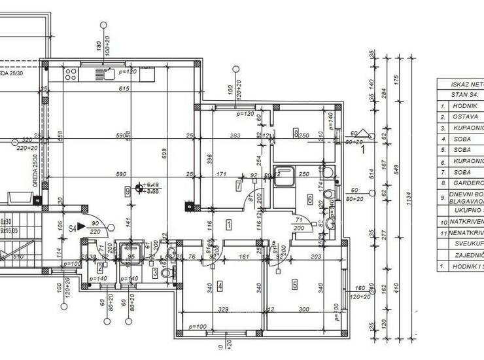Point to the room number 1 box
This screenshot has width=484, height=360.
click(x=229, y=225)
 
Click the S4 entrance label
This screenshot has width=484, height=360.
click(x=74, y=229)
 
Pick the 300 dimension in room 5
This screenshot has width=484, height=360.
click(x=303, y=309)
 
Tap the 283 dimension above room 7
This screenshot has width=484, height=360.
click(x=235, y=136)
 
